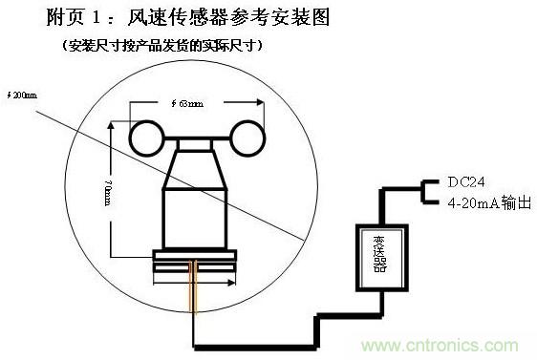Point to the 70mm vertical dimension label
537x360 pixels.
[107, 191]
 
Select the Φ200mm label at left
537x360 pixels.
[21, 95]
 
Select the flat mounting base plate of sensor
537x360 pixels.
[194, 255]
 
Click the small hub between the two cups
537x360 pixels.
[196, 141]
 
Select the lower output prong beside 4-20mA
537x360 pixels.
[432, 203]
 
